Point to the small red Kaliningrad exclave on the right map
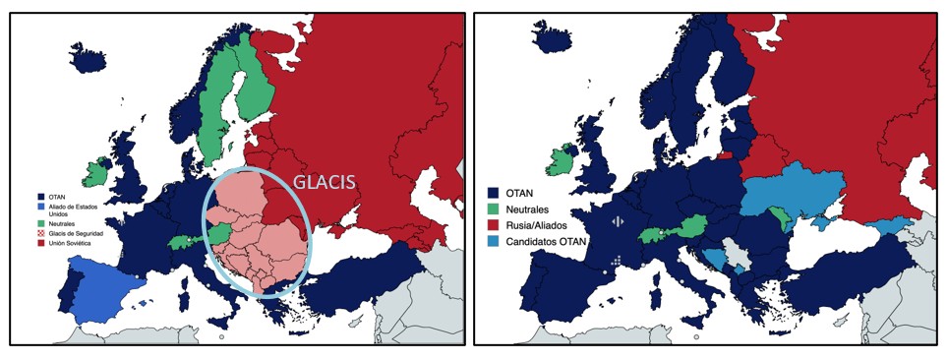click(725, 154)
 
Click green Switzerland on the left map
click(184, 241)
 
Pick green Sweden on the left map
click(226, 108)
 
